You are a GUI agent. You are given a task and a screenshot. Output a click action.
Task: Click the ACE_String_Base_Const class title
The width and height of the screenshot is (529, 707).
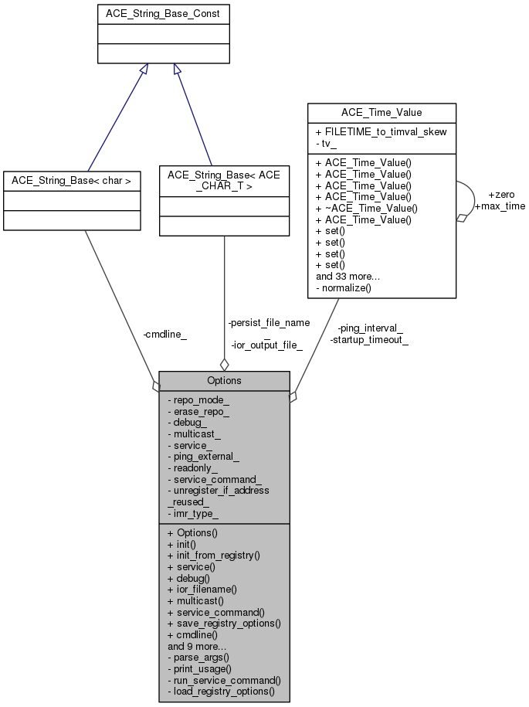[x=163, y=14]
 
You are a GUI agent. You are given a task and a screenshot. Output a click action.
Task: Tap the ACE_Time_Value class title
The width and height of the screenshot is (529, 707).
[x=381, y=113]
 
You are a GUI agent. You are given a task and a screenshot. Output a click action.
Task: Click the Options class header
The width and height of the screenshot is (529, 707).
[x=224, y=380]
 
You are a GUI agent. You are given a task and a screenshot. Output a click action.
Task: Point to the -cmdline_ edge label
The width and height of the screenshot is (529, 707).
[x=164, y=335]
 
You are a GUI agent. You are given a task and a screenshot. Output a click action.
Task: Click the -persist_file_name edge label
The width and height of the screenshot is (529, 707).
[x=269, y=322]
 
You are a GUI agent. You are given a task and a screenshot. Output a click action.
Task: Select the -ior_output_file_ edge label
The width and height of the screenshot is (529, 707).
[x=266, y=345]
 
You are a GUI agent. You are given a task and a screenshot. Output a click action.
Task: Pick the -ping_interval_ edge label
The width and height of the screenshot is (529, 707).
[x=370, y=328]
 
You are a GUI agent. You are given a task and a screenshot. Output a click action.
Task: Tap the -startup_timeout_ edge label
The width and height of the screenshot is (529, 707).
[x=369, y=339]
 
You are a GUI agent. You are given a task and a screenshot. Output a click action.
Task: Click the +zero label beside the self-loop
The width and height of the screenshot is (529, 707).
[x=501, y=194]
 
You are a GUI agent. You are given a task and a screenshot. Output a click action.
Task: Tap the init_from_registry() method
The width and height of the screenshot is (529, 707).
[x=213, y=555]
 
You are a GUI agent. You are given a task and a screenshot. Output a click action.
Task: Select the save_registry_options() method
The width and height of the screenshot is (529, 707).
[x=223, y=623]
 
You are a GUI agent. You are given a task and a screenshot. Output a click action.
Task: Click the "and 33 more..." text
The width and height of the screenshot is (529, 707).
[x=348, y=277]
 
